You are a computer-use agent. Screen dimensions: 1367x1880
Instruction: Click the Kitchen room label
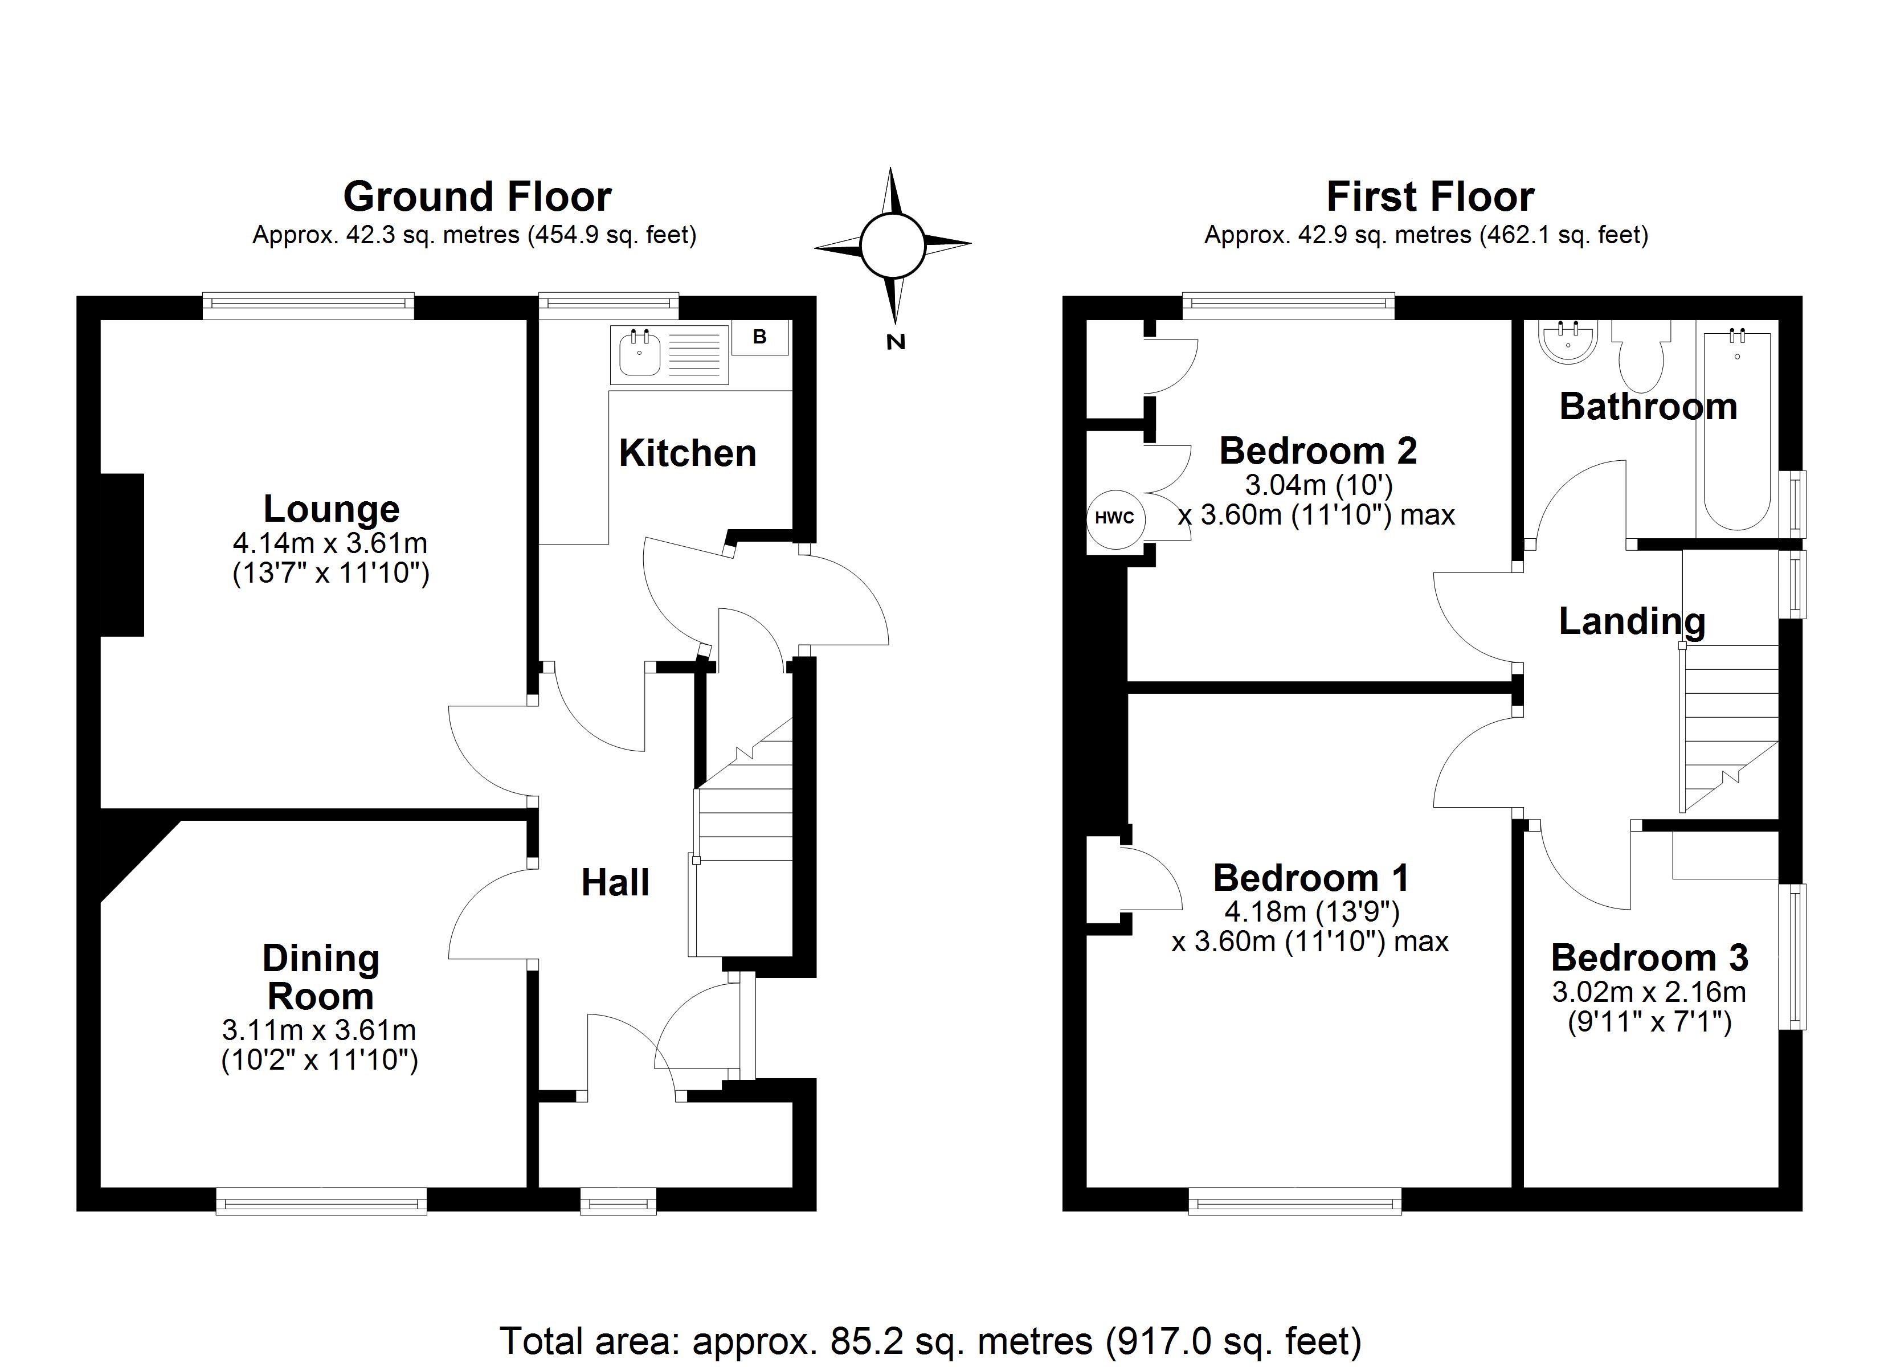pyautogui.click(x=687, y=453)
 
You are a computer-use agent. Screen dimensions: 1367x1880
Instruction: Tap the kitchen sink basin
pyautogui.click(x=639, y=354)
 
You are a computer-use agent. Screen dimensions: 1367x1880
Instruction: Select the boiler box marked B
pyautogui.click(x=759, y=337)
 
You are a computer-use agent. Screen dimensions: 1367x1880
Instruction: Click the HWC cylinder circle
pyautogui.click(x=1115, y=519)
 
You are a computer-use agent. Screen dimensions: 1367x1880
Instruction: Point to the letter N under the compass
pyautogui.click(x=895, y=342)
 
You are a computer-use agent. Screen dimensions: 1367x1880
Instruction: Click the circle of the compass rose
pyautogui.click(x=892, y=245)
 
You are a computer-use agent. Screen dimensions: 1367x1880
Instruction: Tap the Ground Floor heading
pyautogui.click(x=477, y=197)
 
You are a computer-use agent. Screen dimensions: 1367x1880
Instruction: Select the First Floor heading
pyautogui.click(x=1430, y=197)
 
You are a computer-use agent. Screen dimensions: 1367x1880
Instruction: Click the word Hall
pyautogui.click(x=615, y=883)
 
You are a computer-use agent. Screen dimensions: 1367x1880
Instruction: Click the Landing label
pyautogui.click(x=1631, y=622)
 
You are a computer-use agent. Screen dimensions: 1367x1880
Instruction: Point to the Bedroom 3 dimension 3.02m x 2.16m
pyautogui.click(x=1649, y=992)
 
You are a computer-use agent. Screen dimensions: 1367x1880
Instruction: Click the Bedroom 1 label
pyautogui.click(x=1310, y=878)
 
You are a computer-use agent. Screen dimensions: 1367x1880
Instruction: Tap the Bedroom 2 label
pyautogui.click(x=1318, y=452)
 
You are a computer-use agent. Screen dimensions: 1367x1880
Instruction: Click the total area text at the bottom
pyautogui.click(x=930, y=1340)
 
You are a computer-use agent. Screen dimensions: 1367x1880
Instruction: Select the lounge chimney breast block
pyautogui.click(x=122, y=555)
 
